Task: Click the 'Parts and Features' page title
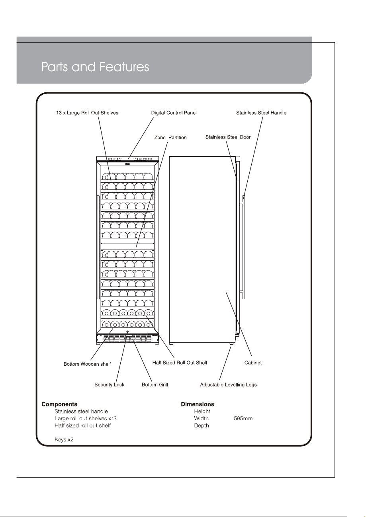click(x=95, y=67)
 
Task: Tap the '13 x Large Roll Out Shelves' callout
click(x=87, y=113)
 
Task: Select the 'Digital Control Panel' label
click(x=174, y=113)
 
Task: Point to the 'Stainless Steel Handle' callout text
click(x=261, y=113)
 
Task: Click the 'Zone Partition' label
click(x=170, y=138)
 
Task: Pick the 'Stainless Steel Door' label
click(x=228, y=137)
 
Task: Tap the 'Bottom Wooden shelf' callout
click(x=87, y=364)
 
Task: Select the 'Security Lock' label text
click(x=109, y=384)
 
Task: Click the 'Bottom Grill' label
click(x=155, y=384)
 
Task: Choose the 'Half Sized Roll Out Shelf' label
click(x=180, y=363)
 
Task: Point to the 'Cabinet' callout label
click(x=253, y=363)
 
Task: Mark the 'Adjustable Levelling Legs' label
click(x=228, y=384)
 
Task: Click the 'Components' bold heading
click(x=59, y=404)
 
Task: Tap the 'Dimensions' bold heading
click(x=198, y=404)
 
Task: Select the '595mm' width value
click(x=243, y=418)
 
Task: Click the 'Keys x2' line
click(x=64, y=440)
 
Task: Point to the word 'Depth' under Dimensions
click(x=202, y=425)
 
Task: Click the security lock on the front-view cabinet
click(x=127, y=332)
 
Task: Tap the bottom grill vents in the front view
click(x=127, y=339)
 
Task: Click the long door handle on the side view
click(x=244, y=247)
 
